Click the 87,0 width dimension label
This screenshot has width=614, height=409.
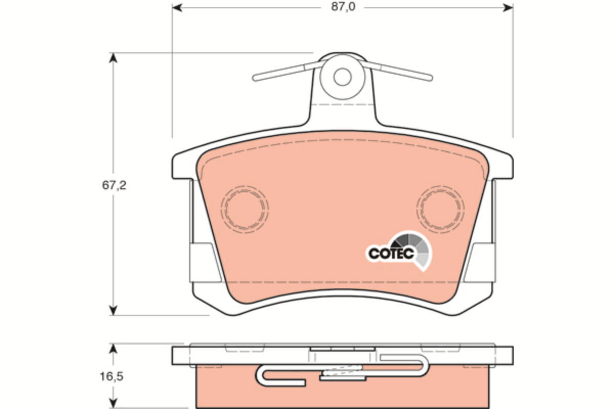(343, 7)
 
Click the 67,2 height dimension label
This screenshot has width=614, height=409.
(114, 186)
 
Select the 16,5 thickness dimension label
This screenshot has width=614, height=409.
(112, 377)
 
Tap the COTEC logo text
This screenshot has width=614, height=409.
(391, 254)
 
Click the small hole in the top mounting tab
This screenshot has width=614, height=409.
(342, 77)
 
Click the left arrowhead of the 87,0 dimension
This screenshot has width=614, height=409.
(177, 8)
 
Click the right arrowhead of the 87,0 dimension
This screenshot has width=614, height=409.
(508, 8)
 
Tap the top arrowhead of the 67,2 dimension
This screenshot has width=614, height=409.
(113, 58)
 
